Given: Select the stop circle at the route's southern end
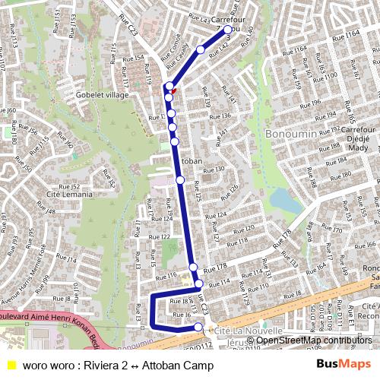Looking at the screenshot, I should (x=198, y=328).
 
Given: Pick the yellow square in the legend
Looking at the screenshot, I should (x=11, y=365).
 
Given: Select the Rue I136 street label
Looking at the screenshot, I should (x=220, y=116).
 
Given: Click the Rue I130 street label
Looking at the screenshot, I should (x=214, y=169).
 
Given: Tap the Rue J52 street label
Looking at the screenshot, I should (x=69, y=186).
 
